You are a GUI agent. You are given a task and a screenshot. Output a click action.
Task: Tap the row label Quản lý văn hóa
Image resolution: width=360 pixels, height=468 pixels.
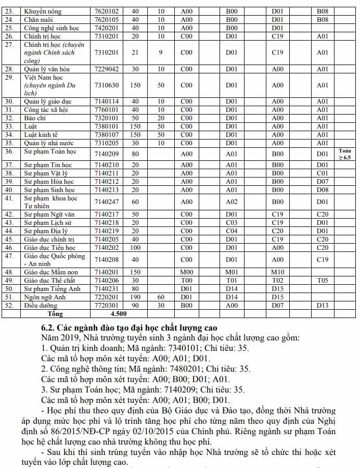coord(47,69)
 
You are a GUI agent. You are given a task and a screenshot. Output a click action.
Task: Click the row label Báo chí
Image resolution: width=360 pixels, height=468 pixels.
coord(35,118)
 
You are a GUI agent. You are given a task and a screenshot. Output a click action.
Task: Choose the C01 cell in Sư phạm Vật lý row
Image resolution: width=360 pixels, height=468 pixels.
coord(323,173)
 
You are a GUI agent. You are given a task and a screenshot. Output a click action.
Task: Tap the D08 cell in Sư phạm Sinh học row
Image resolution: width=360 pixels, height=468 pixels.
coord(323,190)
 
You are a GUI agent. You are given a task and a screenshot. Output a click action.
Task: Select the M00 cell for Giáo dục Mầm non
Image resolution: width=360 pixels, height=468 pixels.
coord(186,272)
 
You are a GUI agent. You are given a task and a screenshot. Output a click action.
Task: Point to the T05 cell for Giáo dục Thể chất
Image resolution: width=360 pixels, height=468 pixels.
coord(323,281)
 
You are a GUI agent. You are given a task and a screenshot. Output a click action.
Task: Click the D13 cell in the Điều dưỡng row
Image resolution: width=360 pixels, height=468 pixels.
coord(323,306)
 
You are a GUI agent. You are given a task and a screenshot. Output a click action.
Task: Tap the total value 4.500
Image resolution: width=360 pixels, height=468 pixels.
coord(119,314)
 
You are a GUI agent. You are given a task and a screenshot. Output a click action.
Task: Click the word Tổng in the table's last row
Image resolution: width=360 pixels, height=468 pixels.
coord(55,314)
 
